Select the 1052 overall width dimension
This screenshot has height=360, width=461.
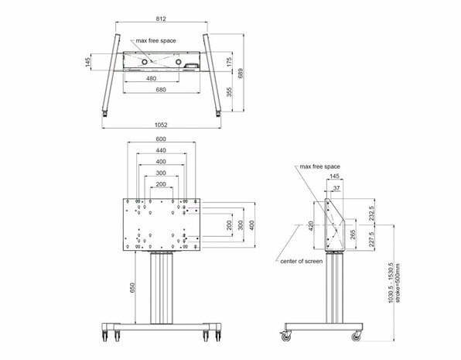(x=161, y=124)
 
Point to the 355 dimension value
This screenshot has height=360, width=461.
(x=230, y=91)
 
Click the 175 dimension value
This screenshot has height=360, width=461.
(x=230, y=60)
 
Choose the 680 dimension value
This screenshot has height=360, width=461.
(x=161, y=89)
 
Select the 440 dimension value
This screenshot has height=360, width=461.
(x=161, y=151)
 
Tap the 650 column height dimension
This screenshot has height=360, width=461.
(x=132, y=288)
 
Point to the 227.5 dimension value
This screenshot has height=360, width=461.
(x=373, y=238)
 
